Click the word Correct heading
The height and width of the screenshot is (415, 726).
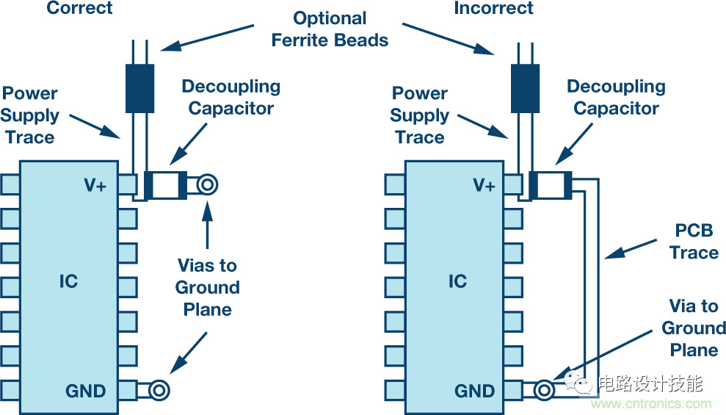[x=80, y=8]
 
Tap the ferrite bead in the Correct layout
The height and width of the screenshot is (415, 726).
[x=139, y=89]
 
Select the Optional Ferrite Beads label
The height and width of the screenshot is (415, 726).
[x=330, y=29]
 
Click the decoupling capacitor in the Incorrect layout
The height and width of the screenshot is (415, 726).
[x=551, y=185]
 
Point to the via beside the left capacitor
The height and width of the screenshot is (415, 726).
[x=207, y=185]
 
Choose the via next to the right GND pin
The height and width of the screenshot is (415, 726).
[x=544, y=391]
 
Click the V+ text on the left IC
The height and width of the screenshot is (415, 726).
[x=95, y=186]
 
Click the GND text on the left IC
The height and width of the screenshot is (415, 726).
[x=86, y=391]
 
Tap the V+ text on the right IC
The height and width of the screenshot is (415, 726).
[x=484, y=186]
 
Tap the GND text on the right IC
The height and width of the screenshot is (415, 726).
[x=475, y=391]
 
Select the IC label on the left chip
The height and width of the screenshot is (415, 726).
[x=68, y=281]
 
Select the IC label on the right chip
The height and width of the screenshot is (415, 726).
[x=457, y=281]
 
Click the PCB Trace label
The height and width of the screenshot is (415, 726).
[x=694, y=242]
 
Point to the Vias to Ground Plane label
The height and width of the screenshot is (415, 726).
[x=207, y=287]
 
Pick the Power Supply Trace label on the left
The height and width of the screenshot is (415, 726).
[x=30, y=115]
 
